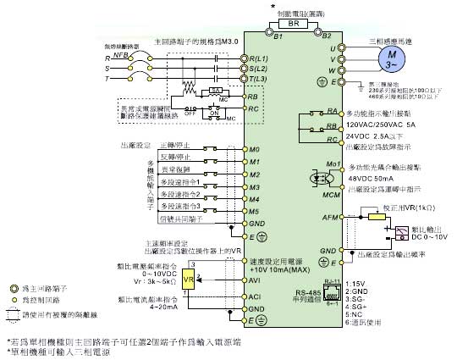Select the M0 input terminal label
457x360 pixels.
[253, 148]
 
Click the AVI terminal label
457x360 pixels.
[254, 279]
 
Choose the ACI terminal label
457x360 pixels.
[254, 296]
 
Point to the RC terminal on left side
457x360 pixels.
[252, 109]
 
